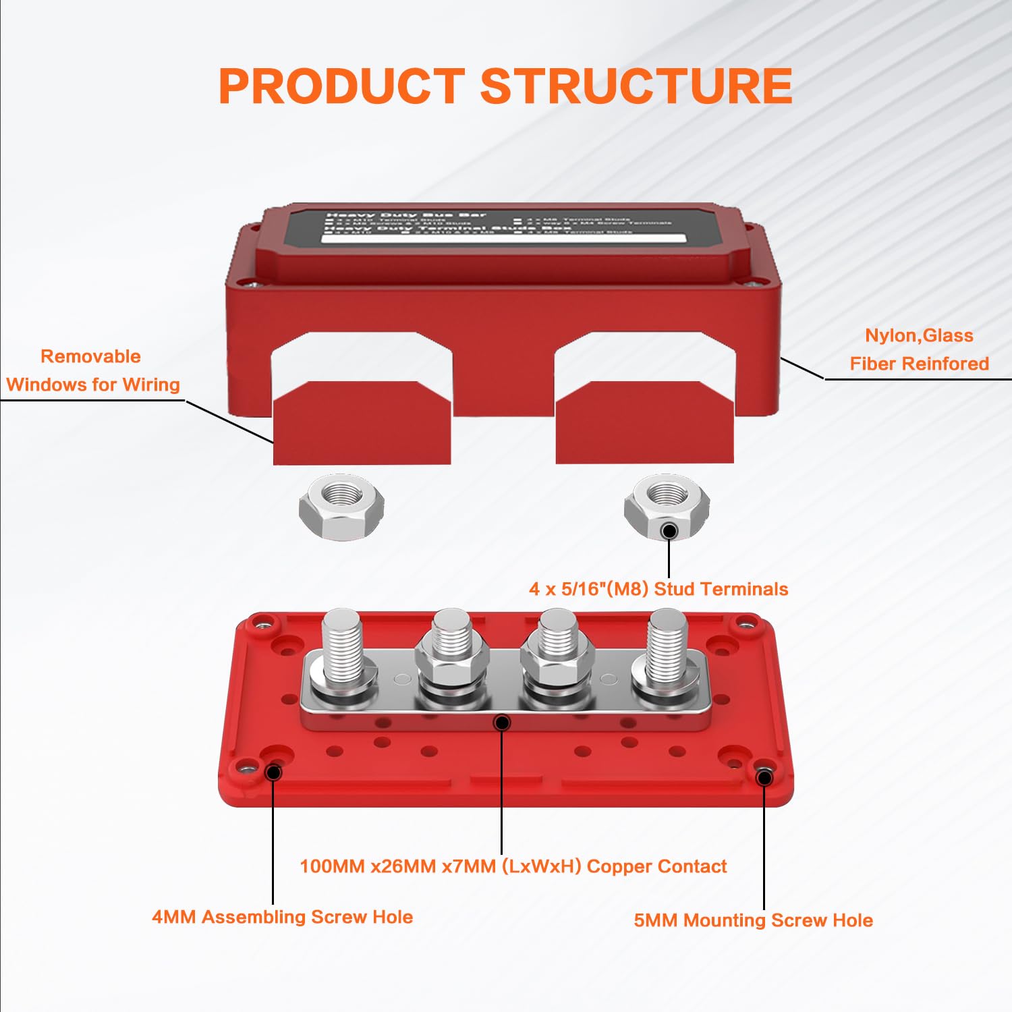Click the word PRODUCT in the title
point(341,86)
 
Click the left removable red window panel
point(362,424)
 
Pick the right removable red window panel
point(644,424)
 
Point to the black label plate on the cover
point(503,226)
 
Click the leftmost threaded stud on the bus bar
point(343,644)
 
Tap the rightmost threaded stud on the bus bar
point(667,644)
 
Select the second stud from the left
point(451,638)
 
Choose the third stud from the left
point(557,638)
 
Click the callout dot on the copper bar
point(502,723)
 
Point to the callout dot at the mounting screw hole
point(764,778)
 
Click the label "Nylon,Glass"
point(919,336)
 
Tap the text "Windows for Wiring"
point(93,385)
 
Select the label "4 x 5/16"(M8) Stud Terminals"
point(658,589)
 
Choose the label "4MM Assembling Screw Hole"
point(282,917)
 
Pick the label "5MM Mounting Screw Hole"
point(753,920)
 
